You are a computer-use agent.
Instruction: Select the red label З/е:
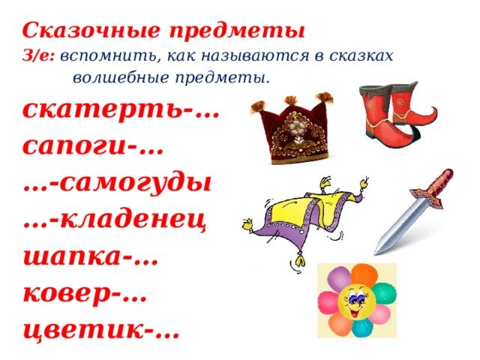(x=38, y=56)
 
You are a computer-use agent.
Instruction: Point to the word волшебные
(x=121, y=77)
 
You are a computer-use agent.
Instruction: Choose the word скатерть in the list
(x=102, y=110)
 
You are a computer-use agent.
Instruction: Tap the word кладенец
(x=133, y=220)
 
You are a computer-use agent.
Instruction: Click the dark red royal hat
(x=292, y=128)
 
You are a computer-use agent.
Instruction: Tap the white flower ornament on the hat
(x=295, y=124)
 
